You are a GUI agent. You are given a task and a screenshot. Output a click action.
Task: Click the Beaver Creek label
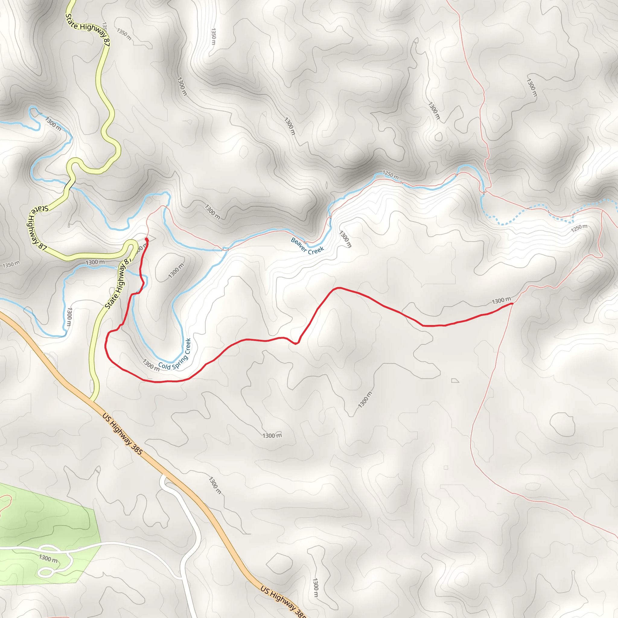point(307,246)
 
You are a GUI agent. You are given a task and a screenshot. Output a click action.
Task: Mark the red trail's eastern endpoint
point(512,303)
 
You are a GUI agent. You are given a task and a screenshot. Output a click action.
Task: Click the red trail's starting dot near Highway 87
point(146,239)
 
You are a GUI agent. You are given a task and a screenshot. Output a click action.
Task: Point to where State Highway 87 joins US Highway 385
point(92,400)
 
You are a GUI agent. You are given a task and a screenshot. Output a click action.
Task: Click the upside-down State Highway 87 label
point(38,228)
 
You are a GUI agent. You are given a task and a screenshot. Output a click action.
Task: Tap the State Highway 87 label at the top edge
point(88,30)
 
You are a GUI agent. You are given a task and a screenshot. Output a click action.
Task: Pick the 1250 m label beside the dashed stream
point(579,228)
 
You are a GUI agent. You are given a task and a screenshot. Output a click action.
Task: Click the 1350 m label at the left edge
point(11,265)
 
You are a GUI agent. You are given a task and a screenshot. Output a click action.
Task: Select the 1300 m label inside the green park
point(48,558)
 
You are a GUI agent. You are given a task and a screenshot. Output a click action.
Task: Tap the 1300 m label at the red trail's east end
point(501,301)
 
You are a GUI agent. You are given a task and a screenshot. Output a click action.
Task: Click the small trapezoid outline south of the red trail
point(455,381)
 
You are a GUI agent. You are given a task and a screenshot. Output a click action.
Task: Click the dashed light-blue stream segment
point(528,218)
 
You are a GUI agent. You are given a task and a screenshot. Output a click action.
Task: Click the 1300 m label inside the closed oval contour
point(176,271)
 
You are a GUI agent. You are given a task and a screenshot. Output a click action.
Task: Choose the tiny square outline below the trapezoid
point(446,468)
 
